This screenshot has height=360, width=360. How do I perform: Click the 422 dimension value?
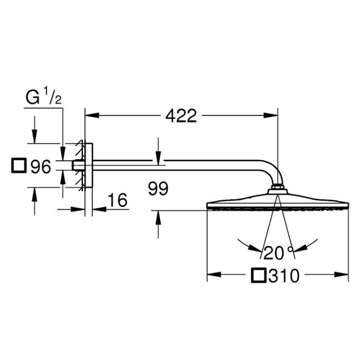click(x=181, y=116)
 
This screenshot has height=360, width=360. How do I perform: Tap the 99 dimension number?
click(x=158, y=189)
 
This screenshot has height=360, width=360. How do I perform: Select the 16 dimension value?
click(x=118, y=200)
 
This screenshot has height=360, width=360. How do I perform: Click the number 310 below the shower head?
click(x=284, y=276)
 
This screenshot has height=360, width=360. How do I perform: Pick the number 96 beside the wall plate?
click(x=41, y=167)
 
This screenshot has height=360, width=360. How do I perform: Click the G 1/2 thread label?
click(x=43, y=97)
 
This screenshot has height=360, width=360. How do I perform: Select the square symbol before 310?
click(x=259, y=275)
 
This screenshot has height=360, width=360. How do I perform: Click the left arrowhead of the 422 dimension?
click(x=92, y=115)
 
